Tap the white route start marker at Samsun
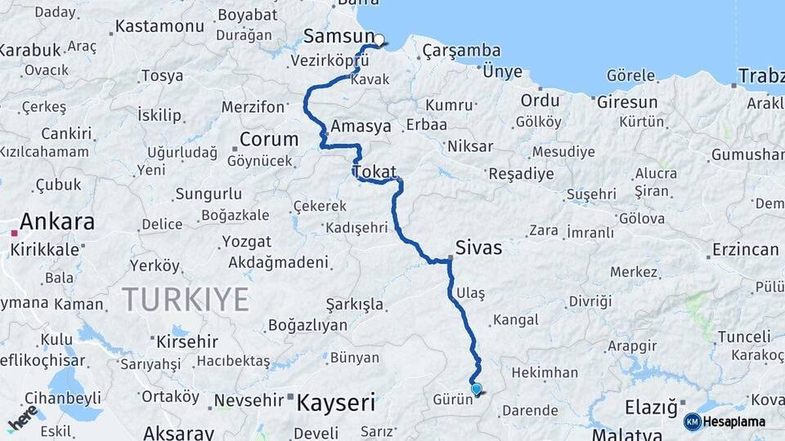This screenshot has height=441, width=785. [x=379, y=39]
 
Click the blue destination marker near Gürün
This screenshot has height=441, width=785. [x=476, y=390]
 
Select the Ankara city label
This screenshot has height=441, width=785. [x=56, y=221]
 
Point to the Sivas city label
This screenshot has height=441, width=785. [x=479, y=247]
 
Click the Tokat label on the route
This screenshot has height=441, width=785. [x=375, y=172]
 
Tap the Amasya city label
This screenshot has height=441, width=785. [x=361, y=127]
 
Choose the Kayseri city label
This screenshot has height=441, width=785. [x=335, y=402]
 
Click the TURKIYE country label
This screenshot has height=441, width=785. [x=186, y=300]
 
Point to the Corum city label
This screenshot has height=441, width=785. [x=268, y=139]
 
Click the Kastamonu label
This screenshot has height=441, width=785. [x=159, y=26]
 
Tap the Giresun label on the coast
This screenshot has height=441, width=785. [x=627, y=102]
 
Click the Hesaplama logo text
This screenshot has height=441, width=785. [x=734, y=421]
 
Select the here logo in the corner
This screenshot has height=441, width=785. [x=23, y=417]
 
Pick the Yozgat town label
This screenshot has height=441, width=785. [x=246, y=242]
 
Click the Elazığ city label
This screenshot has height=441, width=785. [x=651, y=406]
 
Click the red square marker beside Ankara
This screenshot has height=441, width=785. [x=14, y=233]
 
